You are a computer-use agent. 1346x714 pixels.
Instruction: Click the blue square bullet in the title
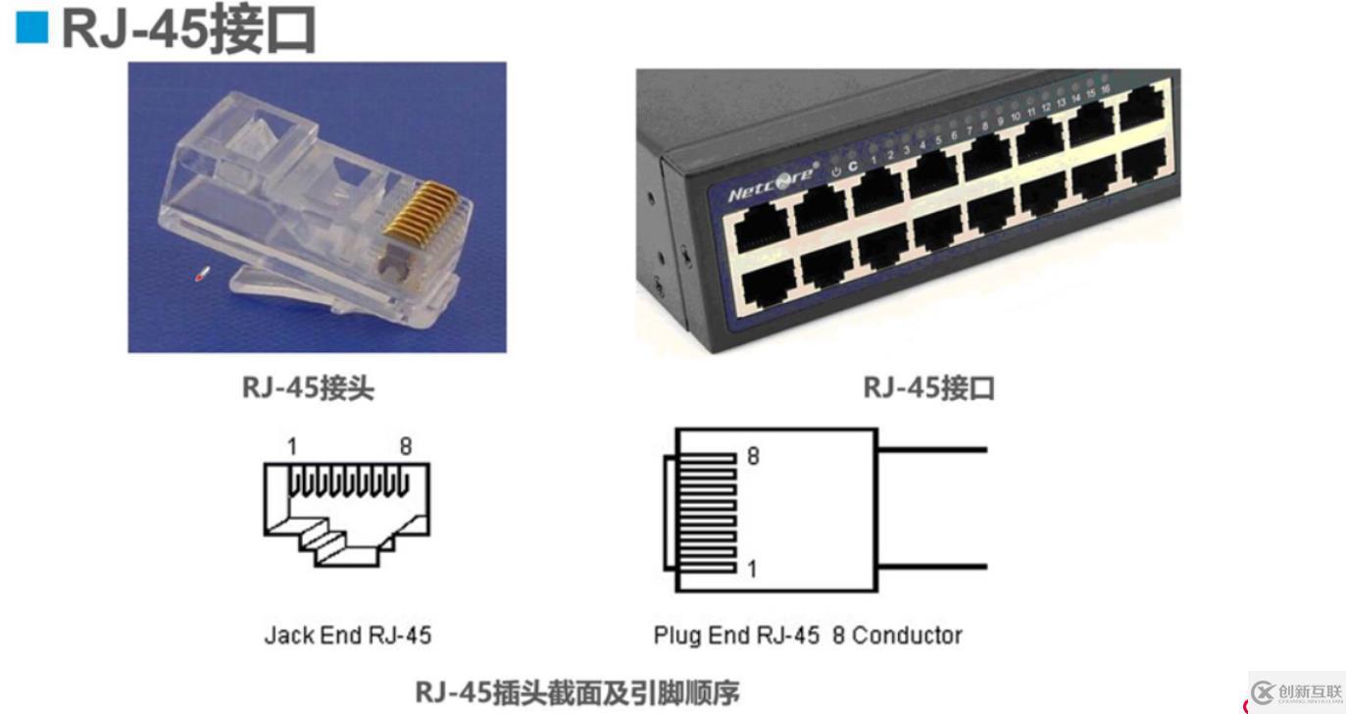(31, 28)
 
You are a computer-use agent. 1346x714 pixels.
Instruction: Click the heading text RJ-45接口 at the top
(189, 29)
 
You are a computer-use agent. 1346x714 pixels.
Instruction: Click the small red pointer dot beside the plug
(201, 276)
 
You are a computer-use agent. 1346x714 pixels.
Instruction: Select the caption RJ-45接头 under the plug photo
(308, 387)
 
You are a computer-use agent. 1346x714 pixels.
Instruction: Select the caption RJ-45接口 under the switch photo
(928, 387)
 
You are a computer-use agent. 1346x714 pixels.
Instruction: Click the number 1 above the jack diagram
(292, 447)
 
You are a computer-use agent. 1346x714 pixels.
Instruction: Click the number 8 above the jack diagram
(405, 447)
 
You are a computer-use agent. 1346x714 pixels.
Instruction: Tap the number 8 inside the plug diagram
(753, 456)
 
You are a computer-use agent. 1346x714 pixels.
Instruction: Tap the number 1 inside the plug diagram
(752, 568)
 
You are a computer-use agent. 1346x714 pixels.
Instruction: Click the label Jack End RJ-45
(347, 636)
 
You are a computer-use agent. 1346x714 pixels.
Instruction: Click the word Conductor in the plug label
(907, 636)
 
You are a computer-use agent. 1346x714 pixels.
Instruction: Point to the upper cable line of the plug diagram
(931, 450)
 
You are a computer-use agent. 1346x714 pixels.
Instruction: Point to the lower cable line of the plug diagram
(931, 566)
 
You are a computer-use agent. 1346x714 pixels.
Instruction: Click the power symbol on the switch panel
(835, 170)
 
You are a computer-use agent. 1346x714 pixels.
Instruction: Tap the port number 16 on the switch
(1105, 89)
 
